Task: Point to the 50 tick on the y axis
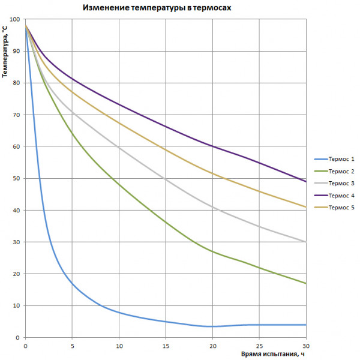pyautogui.click(x=16, y=179)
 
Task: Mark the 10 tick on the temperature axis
pyautogui.click(x=16, y=306)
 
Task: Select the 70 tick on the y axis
pyautogui.click(x=16, y=115)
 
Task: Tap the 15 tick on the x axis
pyautogui.click(x=166, y=346)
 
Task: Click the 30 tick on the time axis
pyautogui.click(x=306, y=346)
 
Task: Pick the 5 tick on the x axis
pyautogui.click(x=72, y=346)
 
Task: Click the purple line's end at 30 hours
pyautogui.click(x=306, y=182)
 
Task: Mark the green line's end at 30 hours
pyautogui.click(x=306, y=283)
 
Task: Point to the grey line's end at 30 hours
pyautogui.click(x=306, y=242)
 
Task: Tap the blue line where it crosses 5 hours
pyautogui.click(x=72, y=283)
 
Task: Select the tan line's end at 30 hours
pyautogui.click(x=306, y=207)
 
